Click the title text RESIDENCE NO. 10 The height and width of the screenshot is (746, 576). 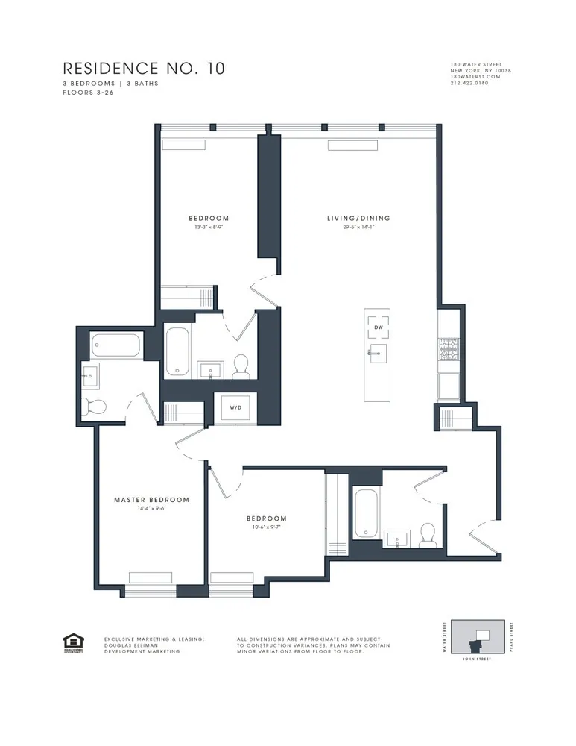click(x=143, y=69)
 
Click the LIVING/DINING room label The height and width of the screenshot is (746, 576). click(x=358, y=219)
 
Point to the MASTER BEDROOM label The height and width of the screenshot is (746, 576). click(x=151, y=500)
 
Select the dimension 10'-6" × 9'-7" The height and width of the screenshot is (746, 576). click(x=266, y=527)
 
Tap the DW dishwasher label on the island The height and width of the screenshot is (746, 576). click(x=378, y=327)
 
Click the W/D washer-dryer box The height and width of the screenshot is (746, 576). click(x=235, y=408)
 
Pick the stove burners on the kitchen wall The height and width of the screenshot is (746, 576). click(x=448, y=349)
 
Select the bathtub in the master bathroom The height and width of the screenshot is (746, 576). click(x=115, y=345)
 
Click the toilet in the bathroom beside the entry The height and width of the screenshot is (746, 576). click(x=427, y=533)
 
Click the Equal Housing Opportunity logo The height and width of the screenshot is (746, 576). click(x=74, y=642)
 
